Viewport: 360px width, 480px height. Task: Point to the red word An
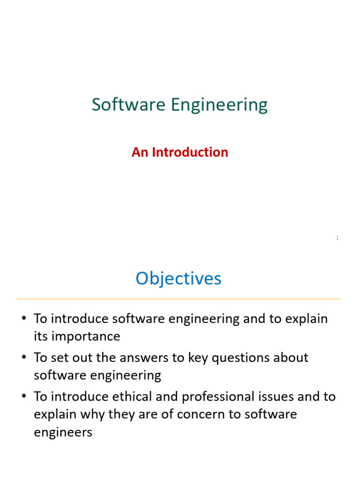(139, 152)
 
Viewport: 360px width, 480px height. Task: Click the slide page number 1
(337, 238)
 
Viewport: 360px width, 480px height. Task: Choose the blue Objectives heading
(178, 279)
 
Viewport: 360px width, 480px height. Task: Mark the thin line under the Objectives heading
(178, 299)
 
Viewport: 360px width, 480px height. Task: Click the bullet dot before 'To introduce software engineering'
(23, 319)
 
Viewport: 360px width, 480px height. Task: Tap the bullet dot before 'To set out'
(23, 358)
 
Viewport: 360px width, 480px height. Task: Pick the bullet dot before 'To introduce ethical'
(23, 397)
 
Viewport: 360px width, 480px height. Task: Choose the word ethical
(129, 397)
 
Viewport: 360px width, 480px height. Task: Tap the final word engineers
(63, 433)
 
